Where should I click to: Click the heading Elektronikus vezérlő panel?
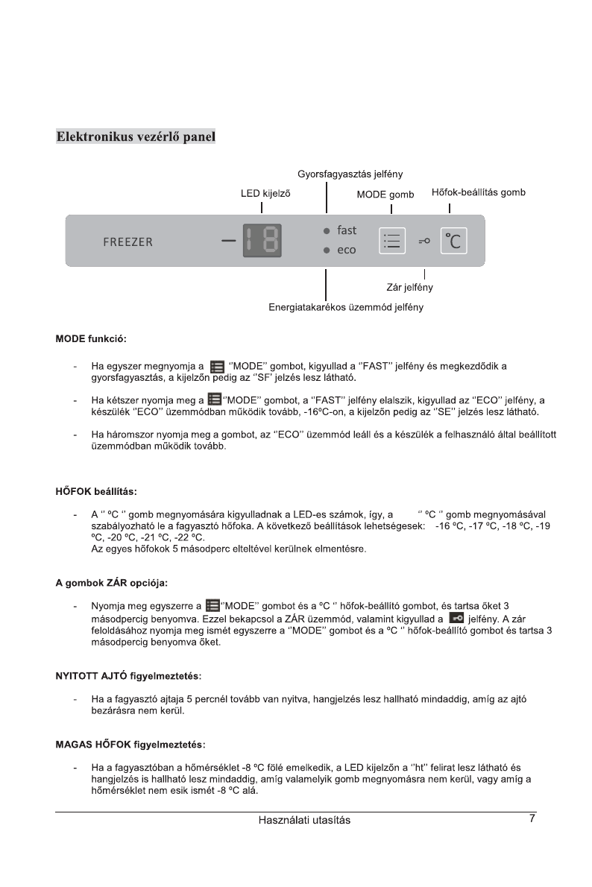point(136,137)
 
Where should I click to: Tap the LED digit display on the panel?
point(262,241)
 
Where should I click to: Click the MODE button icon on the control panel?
point(391,240)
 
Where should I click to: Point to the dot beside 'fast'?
point(327,231)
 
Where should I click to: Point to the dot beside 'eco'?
point(327,250)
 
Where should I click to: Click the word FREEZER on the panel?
point(127,242)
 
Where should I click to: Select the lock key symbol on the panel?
point(424,241)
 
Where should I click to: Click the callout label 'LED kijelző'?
point(265,193)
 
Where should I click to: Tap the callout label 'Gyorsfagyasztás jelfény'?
point(350,174)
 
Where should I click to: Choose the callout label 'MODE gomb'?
point(385,194)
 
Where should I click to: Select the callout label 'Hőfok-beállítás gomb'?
point(478,192)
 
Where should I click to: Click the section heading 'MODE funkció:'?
point(91,339)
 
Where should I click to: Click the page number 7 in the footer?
point(532,818)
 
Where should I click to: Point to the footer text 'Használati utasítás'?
point(304,820)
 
